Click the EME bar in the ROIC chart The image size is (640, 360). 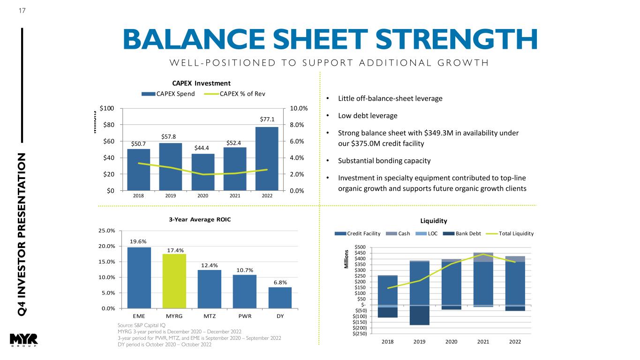(139, 277)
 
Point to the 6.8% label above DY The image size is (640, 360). (280, 282)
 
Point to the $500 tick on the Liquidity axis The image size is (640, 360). (361, 247)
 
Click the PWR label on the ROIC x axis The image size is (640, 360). (245, 316)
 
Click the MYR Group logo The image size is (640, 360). (23, 341)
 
